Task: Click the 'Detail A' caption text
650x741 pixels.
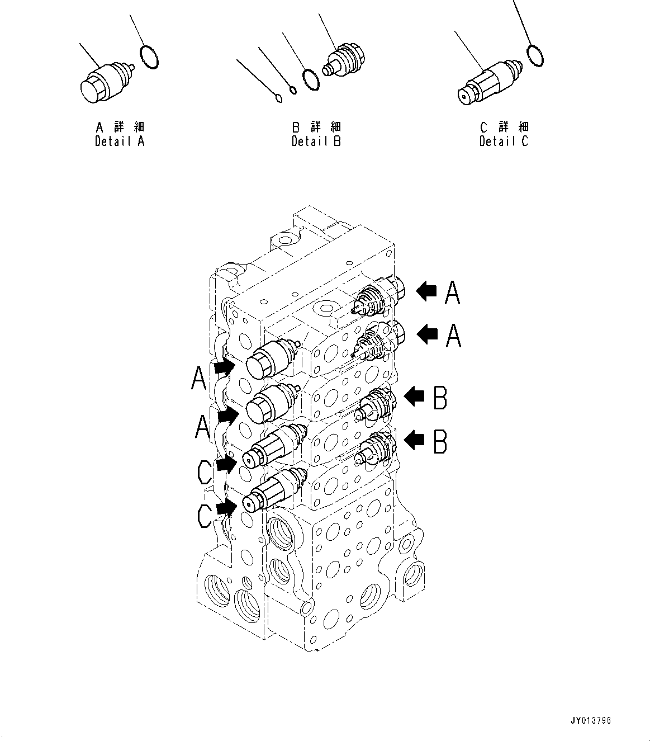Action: (120, 141)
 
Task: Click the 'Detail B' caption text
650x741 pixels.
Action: (316, 141)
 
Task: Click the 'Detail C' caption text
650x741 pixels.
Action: (504, 141)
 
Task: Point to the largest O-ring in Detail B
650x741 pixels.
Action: (311, 79)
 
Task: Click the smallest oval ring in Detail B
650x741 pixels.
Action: (279, 100)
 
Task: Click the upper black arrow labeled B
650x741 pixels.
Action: (414, 397)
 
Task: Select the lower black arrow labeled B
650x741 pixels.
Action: (414, 441)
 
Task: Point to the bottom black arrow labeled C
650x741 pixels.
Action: (226, 508)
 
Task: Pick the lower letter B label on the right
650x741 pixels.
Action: (440, 442)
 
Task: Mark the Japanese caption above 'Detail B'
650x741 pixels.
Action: (316, 127)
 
